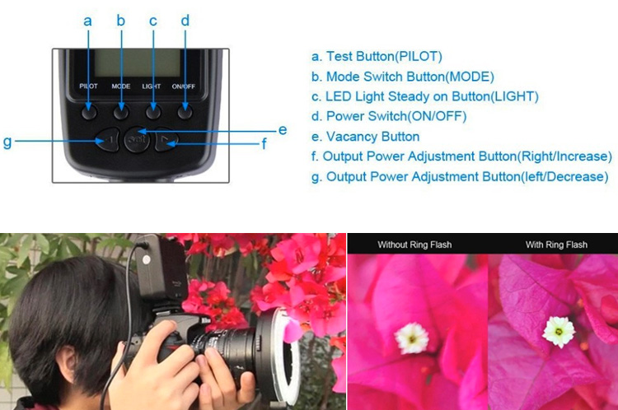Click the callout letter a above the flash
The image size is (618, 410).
tap(87, 21)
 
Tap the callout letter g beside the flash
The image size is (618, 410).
tap(7, 142)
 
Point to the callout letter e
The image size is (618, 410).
tap(282, 130)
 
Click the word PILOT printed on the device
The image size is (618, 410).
tap(88, 86)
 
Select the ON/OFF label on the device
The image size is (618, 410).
tap(183, 86)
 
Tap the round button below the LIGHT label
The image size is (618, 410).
tap(153, 113)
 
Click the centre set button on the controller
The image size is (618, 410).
tap(137, 139)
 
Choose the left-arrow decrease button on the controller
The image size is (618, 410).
tap(108, 140)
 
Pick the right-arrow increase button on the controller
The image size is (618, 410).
tap(166, 139)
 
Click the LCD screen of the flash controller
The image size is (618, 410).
tap(137, 63)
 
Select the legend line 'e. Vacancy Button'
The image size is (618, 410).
tap(365, 137)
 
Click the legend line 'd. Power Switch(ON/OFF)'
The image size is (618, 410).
tap(389, 117)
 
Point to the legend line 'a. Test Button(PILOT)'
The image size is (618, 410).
tap(377, 56)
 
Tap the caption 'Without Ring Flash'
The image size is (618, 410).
tap(414, 245)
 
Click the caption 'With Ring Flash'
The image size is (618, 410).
tap(556, 245)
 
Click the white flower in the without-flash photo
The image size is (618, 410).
tap(411, 338)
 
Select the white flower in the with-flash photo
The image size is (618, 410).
tap(559, 332)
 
